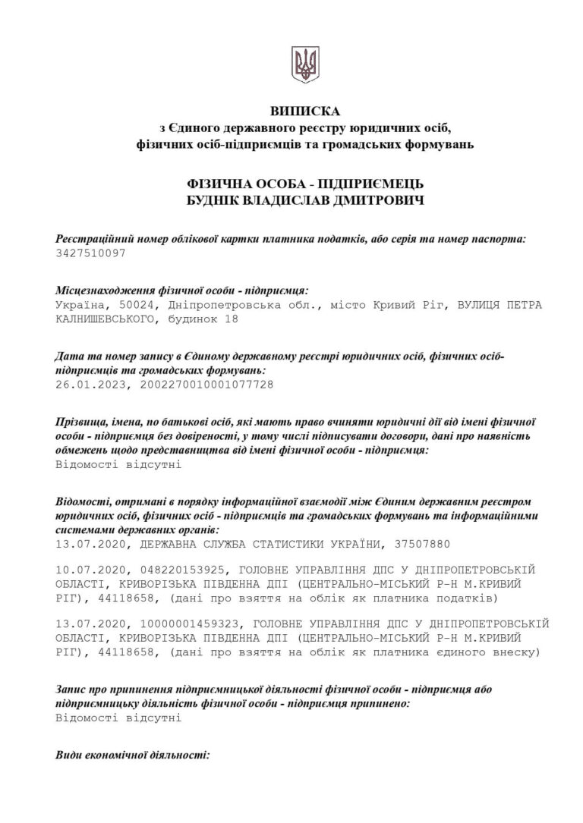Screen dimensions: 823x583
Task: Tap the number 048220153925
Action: tap(179, 569)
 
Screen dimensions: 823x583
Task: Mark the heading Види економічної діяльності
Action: tap(133, 756)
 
